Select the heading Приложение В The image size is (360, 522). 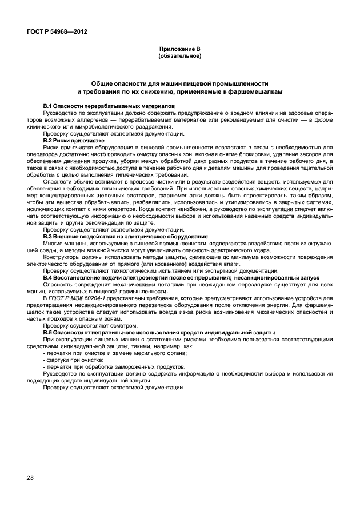click(179, 50)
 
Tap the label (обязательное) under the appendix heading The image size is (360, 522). click(179, 56)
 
